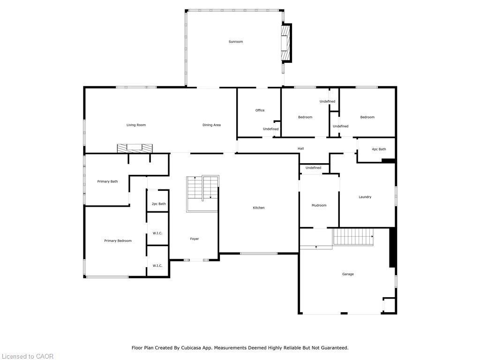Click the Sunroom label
[236, 42]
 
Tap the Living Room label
[136, 125]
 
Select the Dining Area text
[211, 125]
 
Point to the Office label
[260, 111]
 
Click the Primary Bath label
[107, 181]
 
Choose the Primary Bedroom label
[118, 241]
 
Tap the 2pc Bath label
[158, 204]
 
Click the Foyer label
[195, 239]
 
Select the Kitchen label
[259, 208]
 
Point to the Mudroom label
[319, 205]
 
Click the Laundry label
[365, 197]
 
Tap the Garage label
[348, 274]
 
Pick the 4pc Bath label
[379, 149]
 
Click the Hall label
[300, 149]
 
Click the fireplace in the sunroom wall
[285, 43]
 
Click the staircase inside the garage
[353, 237]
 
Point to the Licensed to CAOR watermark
[27, 356]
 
